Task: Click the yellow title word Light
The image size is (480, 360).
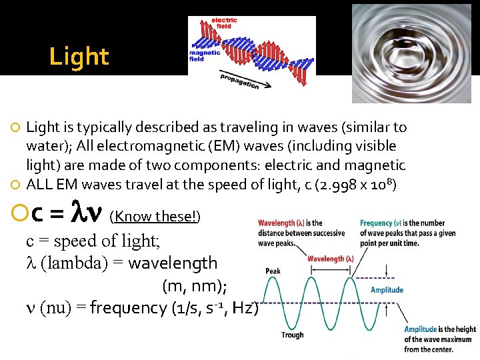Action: tap(79, 57)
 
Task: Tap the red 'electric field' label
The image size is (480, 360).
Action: tap(224, 23)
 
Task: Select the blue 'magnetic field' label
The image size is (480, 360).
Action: tap(205, 55)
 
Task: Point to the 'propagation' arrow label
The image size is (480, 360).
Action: tap(239, 81)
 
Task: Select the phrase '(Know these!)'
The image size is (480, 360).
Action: tap(155, 215)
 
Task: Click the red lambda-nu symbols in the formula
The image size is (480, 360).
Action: tap(87, 213)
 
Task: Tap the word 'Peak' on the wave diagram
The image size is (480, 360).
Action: tap(273, 271)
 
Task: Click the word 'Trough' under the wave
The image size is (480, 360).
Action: tap(292, 335)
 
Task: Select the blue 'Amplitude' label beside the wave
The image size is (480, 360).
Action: tap(387, 289)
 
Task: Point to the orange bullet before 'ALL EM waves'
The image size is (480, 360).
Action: tap(17, 184)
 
